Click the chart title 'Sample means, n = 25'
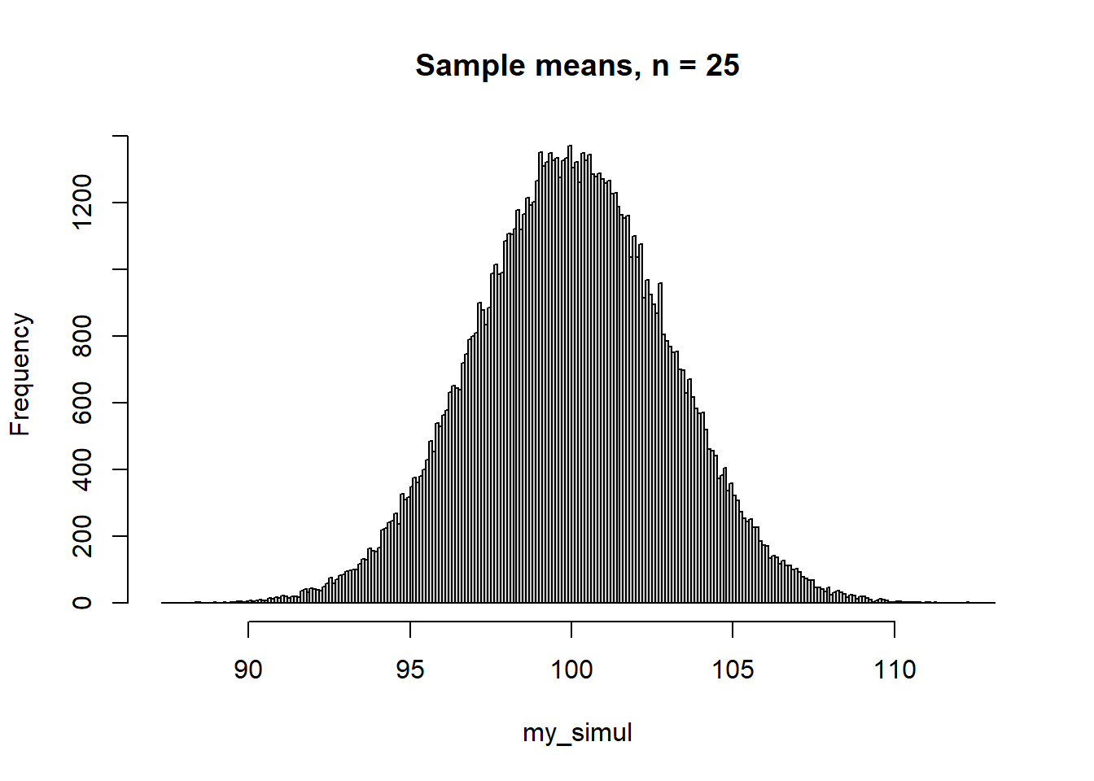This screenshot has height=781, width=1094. [x=577, y=65]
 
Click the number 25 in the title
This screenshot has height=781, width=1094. [x=722, y=65]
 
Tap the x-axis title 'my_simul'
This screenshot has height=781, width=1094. [x=577, y=733]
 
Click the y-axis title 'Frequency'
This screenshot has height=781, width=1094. [x=20, y=375]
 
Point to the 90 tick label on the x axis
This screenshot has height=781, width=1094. [x=248, y=670]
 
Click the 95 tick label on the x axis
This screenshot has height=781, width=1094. [x=410, y=670]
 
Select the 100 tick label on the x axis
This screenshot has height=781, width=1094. [x=571, y=670]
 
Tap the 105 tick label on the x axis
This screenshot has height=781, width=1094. [x=733, y=670]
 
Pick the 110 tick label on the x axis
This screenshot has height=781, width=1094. [x=895, y=670]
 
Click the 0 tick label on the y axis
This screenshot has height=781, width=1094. [x=82, y=603]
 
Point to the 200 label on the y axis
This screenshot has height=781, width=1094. [x=82, y=536]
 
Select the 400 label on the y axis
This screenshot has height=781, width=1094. [x=82, y=469]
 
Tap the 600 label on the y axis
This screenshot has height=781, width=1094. [x=82, y=403]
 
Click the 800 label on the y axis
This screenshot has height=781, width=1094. [x=82, y=336]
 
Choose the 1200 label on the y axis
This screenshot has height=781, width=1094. [x=82, y=203]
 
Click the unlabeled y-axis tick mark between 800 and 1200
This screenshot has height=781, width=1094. [x=120, y=269]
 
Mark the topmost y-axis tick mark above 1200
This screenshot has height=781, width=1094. [x=120, y=136]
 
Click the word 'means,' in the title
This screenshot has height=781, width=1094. [x=587, y=66]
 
